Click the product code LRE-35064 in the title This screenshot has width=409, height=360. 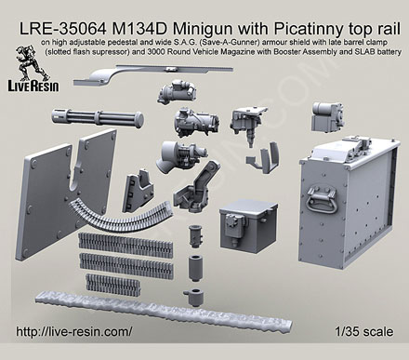62,30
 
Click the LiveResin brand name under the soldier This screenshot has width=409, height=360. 33,86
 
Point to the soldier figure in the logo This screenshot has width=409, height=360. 31,63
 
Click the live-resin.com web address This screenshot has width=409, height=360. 74,331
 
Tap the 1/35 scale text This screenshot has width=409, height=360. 364,332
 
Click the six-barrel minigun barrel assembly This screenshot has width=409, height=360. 98,117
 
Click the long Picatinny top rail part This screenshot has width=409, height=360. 152,73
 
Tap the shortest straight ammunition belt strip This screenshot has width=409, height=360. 112,283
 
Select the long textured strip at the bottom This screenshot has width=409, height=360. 164,311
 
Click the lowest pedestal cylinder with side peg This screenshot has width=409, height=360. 194,297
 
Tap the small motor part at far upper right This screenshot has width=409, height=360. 327,116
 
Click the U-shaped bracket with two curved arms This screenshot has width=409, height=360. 263,157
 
